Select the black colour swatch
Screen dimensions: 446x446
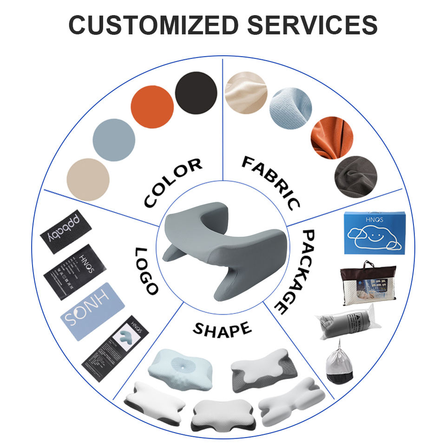[196, 92]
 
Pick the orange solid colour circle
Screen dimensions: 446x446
[152, 106]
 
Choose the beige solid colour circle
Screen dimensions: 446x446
[88, 179]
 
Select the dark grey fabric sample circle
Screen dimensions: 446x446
[355, 177]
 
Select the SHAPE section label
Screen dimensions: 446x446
[222, 329]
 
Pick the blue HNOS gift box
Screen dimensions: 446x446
[374, 233]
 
